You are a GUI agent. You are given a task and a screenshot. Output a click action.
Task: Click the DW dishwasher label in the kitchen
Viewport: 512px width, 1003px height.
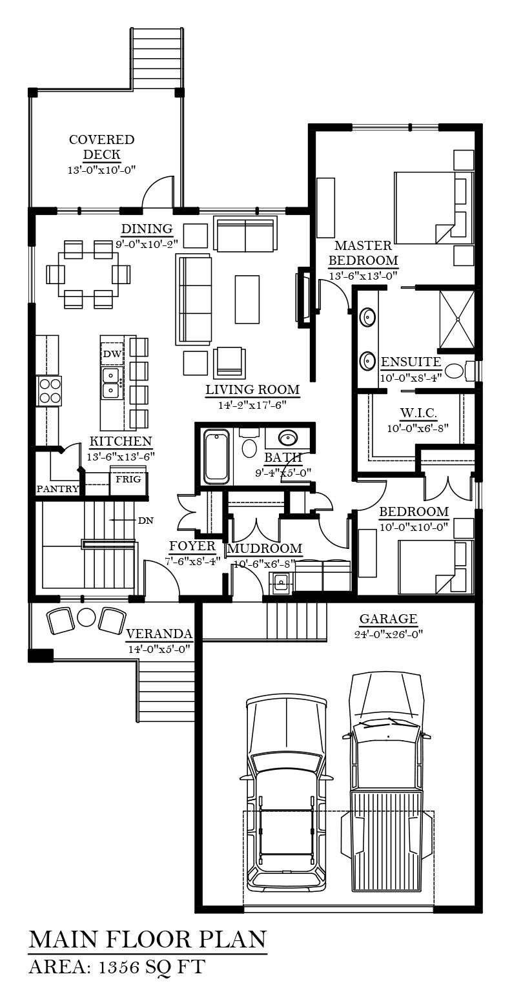pyautogui.click(x=112, y=354)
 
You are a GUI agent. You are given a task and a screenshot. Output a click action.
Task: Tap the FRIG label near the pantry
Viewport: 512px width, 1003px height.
pyautogui.click(x=128, y=479)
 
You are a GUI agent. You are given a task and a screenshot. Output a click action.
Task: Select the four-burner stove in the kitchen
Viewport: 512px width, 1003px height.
pyautogui.click(x=49, y=391)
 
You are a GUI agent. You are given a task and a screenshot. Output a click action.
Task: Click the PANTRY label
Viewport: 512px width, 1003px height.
pyautogui.click(x=57, y=489)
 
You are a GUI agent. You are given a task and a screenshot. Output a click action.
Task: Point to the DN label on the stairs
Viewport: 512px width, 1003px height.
pyautogui.click(x=146, y=521)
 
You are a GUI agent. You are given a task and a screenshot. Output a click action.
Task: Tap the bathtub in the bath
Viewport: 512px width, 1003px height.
pyautogui.click(x=217, y=456)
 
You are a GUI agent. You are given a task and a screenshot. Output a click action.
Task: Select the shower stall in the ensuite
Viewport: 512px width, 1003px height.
pyautogui.click(x=456, y=319)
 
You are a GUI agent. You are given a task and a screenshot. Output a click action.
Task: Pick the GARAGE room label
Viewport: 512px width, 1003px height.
pyautogui.click(x=389, y=619)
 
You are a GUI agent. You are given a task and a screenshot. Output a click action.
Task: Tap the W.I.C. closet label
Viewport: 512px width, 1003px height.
pyautogui.click(x=418, y=413)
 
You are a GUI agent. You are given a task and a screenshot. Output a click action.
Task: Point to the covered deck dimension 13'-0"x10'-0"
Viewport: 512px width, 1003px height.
pyautogui.click(x=101, y=170)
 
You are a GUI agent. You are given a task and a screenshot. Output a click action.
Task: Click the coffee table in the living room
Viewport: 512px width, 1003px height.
pyautogui.click(x=247, y=299)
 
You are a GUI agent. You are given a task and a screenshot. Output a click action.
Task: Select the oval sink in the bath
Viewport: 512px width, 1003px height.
pyautogui.click(x=287, y=437)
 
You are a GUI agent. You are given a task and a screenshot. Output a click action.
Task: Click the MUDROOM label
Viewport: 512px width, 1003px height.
pyautogui.click(x=265, y=548)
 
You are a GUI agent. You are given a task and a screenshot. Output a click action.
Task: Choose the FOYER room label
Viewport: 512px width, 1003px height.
pyautogui.click(x=192, y=546)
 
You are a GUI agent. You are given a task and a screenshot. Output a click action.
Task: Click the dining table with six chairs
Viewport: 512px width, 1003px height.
pyautogui.click(x=88, y=274)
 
